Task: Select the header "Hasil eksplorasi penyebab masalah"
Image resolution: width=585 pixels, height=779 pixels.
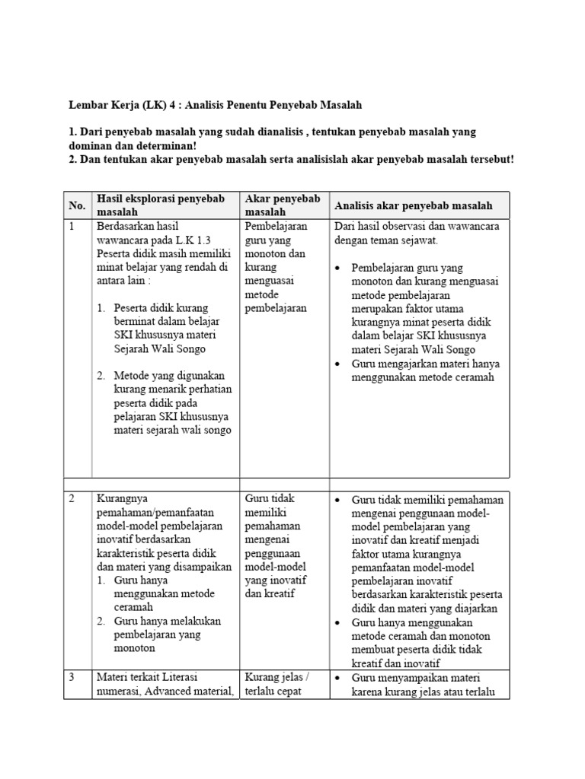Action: (x=161, y=205)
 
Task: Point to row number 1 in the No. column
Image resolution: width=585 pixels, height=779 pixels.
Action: (x=72, y=227)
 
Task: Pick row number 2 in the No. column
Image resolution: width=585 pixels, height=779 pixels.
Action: (x=72, y=499)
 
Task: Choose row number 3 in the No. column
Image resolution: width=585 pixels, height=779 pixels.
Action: (x=72, y=677)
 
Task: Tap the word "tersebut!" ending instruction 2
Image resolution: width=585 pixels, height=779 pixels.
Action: (x=489, y=159)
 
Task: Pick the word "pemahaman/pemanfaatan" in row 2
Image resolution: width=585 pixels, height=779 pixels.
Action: (x=152, y=513)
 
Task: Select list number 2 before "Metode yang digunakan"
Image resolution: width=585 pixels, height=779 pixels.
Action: (x=101, y=376)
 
